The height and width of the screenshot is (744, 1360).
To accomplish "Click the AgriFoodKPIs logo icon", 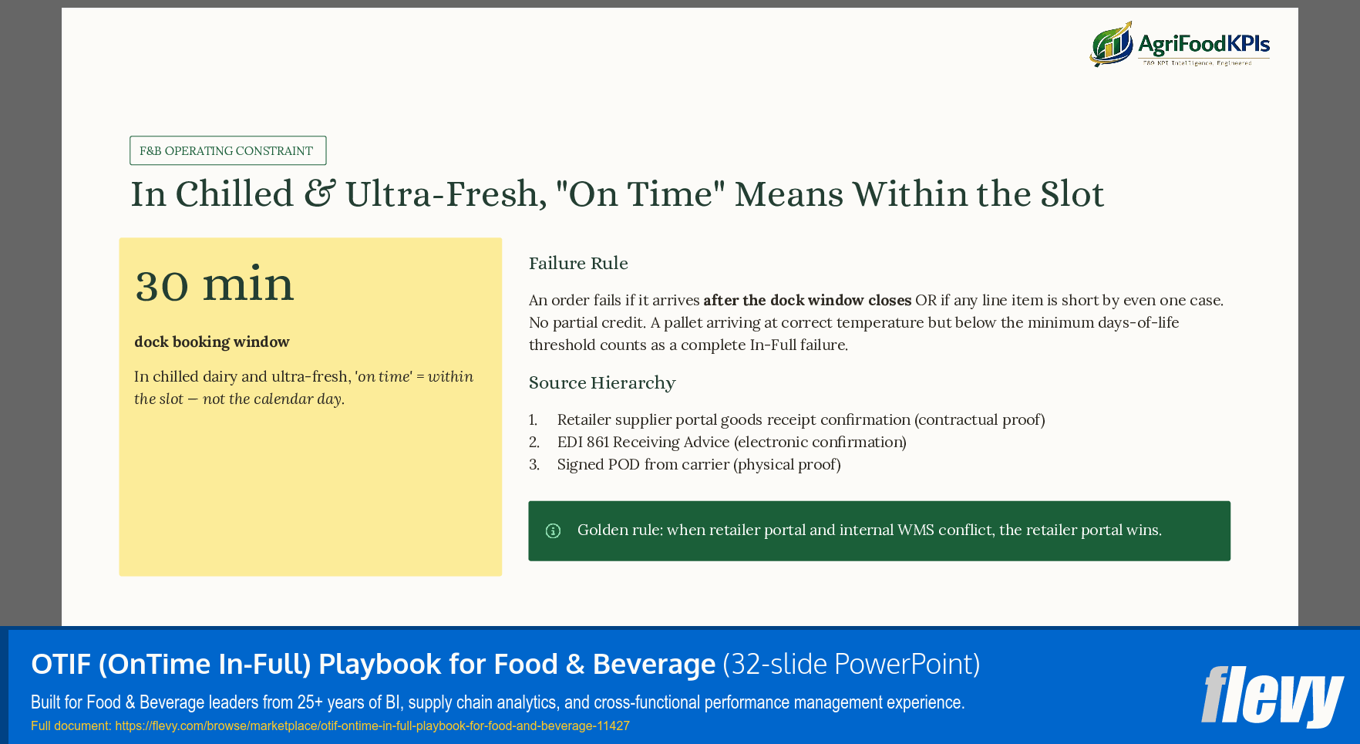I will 1111,45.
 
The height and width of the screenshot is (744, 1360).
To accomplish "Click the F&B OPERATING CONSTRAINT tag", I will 227,150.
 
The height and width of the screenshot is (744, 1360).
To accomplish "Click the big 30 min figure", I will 214,285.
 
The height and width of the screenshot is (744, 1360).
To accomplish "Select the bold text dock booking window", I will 212,342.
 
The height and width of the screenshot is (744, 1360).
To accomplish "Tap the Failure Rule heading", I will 578,264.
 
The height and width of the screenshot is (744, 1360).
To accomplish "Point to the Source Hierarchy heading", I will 601,383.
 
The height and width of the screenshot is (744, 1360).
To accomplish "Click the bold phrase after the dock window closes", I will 807,300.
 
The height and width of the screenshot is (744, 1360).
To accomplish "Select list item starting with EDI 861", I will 731,442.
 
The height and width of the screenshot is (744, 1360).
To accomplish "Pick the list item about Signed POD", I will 699,464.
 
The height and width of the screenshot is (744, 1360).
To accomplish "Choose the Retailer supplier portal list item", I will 800,419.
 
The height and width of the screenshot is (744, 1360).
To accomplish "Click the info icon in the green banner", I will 553,530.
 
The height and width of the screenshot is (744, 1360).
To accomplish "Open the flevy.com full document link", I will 372,725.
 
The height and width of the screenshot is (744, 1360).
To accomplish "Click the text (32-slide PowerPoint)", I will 851,664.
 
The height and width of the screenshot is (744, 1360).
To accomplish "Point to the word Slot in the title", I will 1072,194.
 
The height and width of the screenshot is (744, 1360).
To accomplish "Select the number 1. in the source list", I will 534,419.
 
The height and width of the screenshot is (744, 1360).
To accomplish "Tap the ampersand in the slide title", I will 319,194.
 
